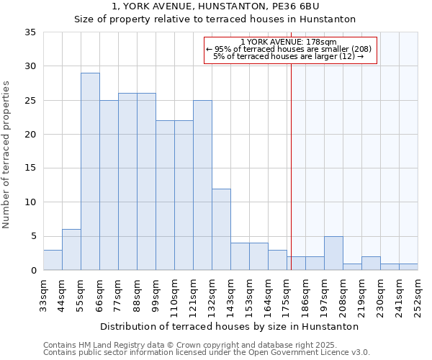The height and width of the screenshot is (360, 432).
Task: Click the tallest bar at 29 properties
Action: (x=90, y=171)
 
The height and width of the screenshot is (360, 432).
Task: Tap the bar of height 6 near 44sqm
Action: (x=71, y=250)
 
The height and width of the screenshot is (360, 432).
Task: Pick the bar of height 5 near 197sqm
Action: (x=333, y=253)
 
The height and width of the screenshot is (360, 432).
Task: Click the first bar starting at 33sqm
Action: (x=53, y=260)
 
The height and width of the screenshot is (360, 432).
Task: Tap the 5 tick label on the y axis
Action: (x=33, y=237)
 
